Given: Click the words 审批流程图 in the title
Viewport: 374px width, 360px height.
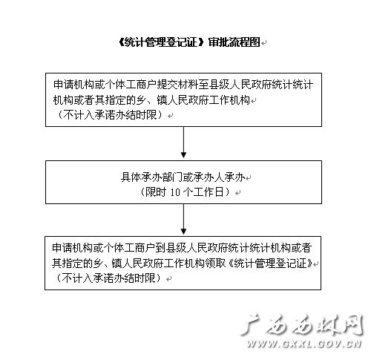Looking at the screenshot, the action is pyautogui.click(x=234, y=42).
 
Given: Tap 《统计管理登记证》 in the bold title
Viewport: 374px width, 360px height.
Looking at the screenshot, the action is pyautogui.click(x=162, y=42).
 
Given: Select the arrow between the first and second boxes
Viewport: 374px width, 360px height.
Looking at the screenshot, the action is pyautogui.click(x=183, y=143).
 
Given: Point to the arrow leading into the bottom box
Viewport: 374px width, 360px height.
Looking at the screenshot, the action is pyautogui.click(x=183, y=219).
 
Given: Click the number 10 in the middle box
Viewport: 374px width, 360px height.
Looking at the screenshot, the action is pyautogui.click(x=175, y=192).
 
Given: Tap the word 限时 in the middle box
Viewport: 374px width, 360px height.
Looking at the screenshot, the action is pyautogui.click(x=155, y=192).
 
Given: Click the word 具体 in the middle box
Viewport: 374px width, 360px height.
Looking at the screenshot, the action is pyautogui.click(x=131, y=177).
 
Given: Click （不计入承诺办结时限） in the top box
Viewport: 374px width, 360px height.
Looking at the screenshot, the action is pyautogui.click(x=111, y=115).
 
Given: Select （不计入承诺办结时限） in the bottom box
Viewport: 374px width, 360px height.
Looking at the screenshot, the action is pyautogui.click(x=109, y=278).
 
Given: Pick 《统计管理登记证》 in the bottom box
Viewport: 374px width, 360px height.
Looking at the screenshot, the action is pyautogui.click(x=269, y=263).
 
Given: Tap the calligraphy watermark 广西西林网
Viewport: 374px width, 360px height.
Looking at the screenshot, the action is pyautogui.click(x=302, y=325).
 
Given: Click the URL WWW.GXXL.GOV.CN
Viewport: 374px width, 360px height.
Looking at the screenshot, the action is pyautogui.click(x=304, y=344).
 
